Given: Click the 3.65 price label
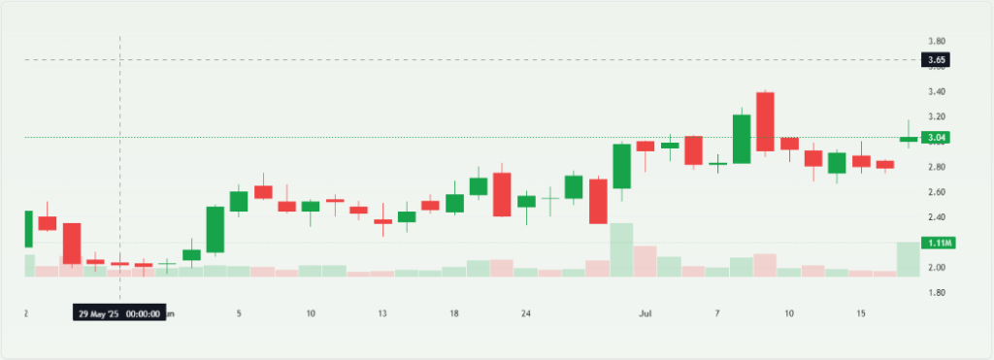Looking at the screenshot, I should tap(937, 60).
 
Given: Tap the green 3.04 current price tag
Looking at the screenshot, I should tap(937, 137).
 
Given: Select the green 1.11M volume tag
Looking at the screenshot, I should tap(937, 242).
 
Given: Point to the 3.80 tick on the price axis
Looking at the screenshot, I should tap(937, 41).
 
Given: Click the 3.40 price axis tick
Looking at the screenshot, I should tap(937, 91).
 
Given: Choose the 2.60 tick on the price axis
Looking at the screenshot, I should tap(937, 192).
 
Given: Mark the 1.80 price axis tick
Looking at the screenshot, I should tap(937, 292).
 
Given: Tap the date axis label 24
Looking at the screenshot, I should tap(526, 314).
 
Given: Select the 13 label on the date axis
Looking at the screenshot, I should tap(383, 314).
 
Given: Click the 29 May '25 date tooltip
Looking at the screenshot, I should tap(118, 314).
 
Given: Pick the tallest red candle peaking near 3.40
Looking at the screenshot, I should tap(766, 122).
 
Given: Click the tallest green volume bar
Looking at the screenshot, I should tap(621, 250).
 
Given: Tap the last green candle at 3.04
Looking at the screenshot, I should tap(909, 139).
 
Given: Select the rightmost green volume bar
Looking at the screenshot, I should tap(909, 259).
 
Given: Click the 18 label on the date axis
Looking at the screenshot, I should tap(454, 314).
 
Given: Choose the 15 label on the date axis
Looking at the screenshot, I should tap(860, 314).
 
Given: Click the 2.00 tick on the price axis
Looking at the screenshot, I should tap(937, 267).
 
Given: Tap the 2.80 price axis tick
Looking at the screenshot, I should tap(937, 167).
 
